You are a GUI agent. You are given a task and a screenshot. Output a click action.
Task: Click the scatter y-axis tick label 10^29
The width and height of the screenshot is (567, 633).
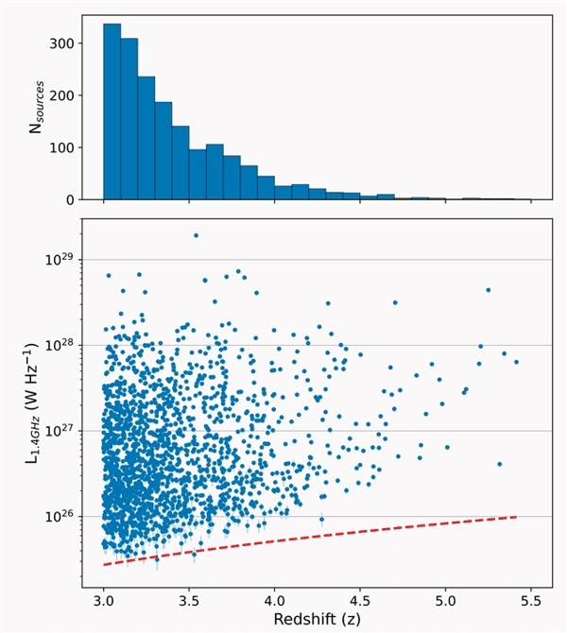(x=60, y=260)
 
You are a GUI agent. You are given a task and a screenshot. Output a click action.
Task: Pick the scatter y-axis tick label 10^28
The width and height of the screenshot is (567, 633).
(x=60, y=345)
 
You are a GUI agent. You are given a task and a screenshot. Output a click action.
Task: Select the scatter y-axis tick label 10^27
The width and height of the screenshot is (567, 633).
(x=60, y=431)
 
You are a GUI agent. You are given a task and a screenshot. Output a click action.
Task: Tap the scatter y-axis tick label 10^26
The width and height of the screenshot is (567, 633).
(x=60, y=517)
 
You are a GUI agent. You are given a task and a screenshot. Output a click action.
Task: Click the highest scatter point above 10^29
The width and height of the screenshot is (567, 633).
(x=196, y=235)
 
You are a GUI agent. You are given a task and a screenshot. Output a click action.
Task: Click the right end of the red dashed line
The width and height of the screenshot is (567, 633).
(x=517, y=517)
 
